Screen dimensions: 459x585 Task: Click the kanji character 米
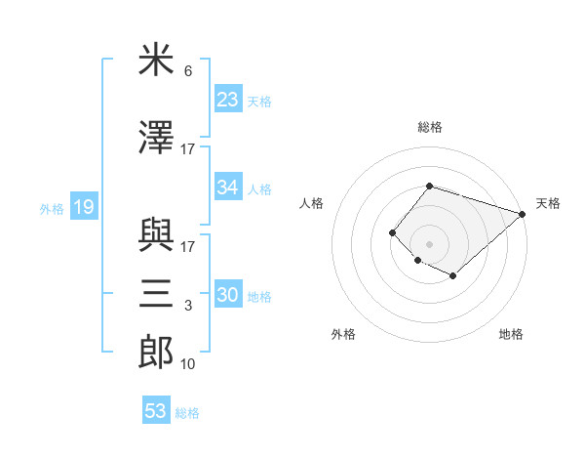(156, 62)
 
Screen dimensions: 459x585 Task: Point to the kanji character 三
(156, 293)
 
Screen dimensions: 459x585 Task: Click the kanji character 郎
(156, 352)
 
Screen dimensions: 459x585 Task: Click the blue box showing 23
(228, 99)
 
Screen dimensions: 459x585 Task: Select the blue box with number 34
(228, 188)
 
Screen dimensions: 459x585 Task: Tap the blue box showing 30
(228, 295)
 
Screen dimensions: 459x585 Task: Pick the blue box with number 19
(83, 207)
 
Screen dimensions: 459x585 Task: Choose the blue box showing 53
(156, 411)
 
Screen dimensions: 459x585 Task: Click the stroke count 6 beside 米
(188, 72)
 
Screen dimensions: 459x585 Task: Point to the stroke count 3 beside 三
(188, 307)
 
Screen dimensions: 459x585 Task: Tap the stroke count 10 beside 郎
(188, 364)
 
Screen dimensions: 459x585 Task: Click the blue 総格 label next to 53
(187, 413)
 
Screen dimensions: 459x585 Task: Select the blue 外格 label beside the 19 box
(52, 208)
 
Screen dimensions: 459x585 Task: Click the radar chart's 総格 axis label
(429, 127)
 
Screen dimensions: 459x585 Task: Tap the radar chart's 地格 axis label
(511, 334)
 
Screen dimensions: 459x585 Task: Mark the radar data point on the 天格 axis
(524, 215)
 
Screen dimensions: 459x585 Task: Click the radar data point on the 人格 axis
(392, 232)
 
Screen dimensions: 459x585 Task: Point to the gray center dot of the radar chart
(429, 243)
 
